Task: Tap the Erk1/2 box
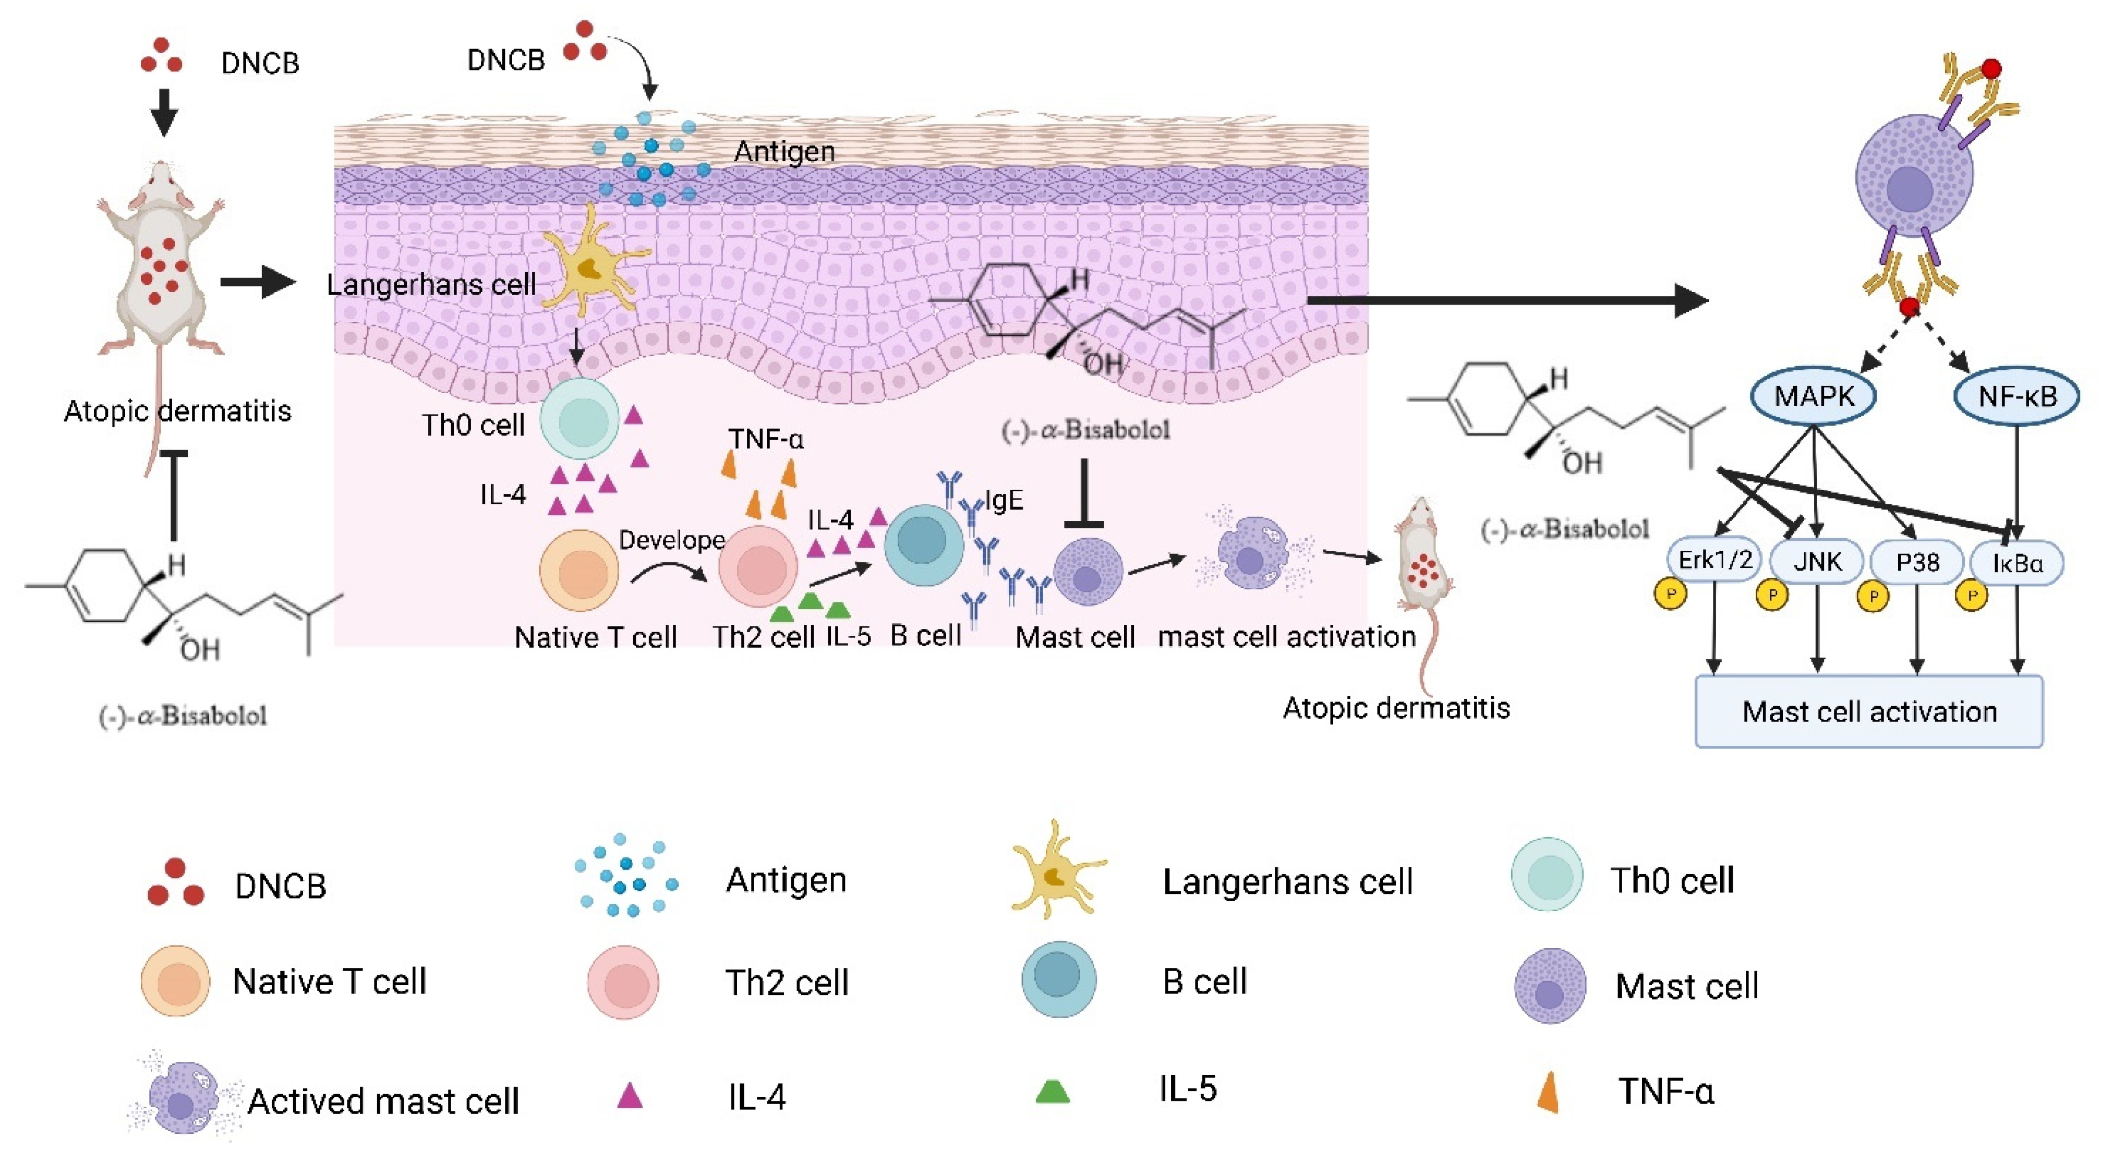tap(1714, 560)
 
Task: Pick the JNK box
tap(1817, 562)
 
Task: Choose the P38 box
tap(1917, 562)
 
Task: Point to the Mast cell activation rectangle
tap(1868, 711)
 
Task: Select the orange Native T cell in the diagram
tap(579, 570)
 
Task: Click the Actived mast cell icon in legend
tap(184, 1097)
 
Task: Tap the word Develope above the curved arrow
tap(671, 540)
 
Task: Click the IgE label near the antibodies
tap(1004, 500)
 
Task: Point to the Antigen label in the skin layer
tap(784, 152)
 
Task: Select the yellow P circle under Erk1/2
tap(1670, 595)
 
